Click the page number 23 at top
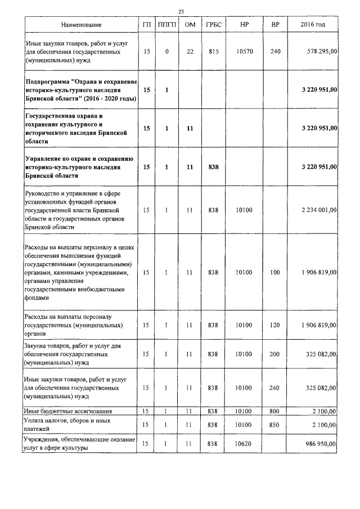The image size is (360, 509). point(181,12)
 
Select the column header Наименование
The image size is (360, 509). point(82,25)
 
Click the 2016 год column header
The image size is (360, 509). point(313,25)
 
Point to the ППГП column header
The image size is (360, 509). point(167,25)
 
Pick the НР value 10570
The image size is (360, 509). point(244,51)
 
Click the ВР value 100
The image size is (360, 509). point(274,272)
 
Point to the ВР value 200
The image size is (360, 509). point(274,354)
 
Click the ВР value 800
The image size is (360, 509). point(274,412)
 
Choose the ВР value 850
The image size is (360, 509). point(274,424)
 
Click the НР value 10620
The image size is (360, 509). point(244,444)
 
